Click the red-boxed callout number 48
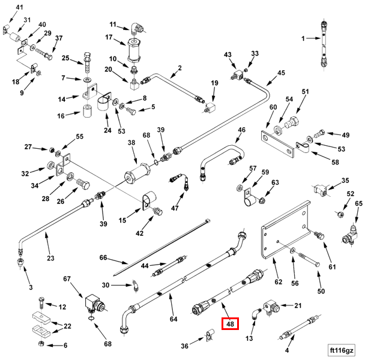click(231, 324)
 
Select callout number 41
click(19, 7)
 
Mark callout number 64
click(173, 319)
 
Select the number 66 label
click(103, 257)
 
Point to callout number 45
click(281, 73)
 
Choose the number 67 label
click(67, 278)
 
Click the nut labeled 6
click(40, 344)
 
